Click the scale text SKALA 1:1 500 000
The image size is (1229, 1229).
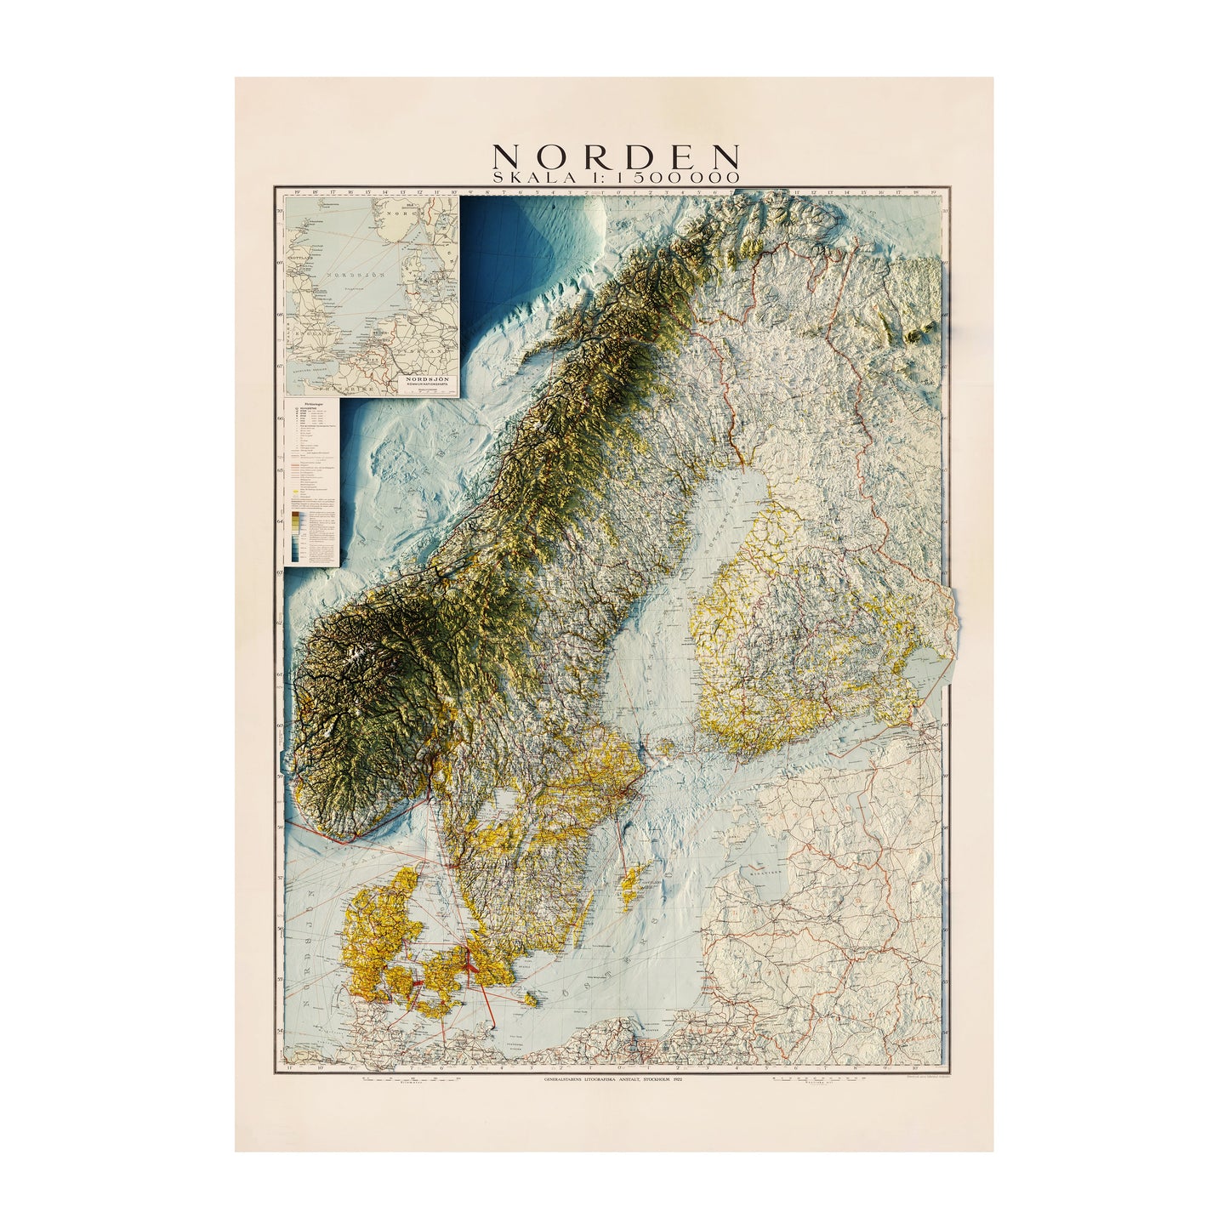coord(616,174)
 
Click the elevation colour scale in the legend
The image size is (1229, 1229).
coord(296,536)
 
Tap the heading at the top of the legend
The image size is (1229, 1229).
coord(313,404)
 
